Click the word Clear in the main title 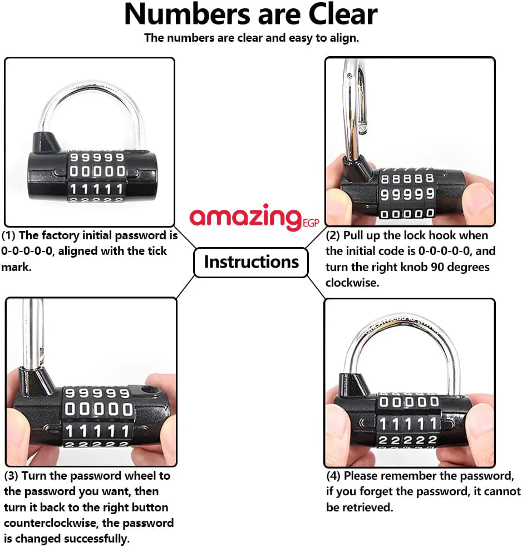[343, 14]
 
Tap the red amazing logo [245, 217]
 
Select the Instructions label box [251, 262]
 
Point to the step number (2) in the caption [333, 235]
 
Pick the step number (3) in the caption [11, 476]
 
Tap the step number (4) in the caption [333, 476]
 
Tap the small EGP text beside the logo [311, 223]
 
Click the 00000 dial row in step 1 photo [97, 171]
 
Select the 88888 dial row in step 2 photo [407, 179]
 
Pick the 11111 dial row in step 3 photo [97, 431]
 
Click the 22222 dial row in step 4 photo [407, 440]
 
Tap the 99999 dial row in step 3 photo [97, 393]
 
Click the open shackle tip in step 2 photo [362, 130]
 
